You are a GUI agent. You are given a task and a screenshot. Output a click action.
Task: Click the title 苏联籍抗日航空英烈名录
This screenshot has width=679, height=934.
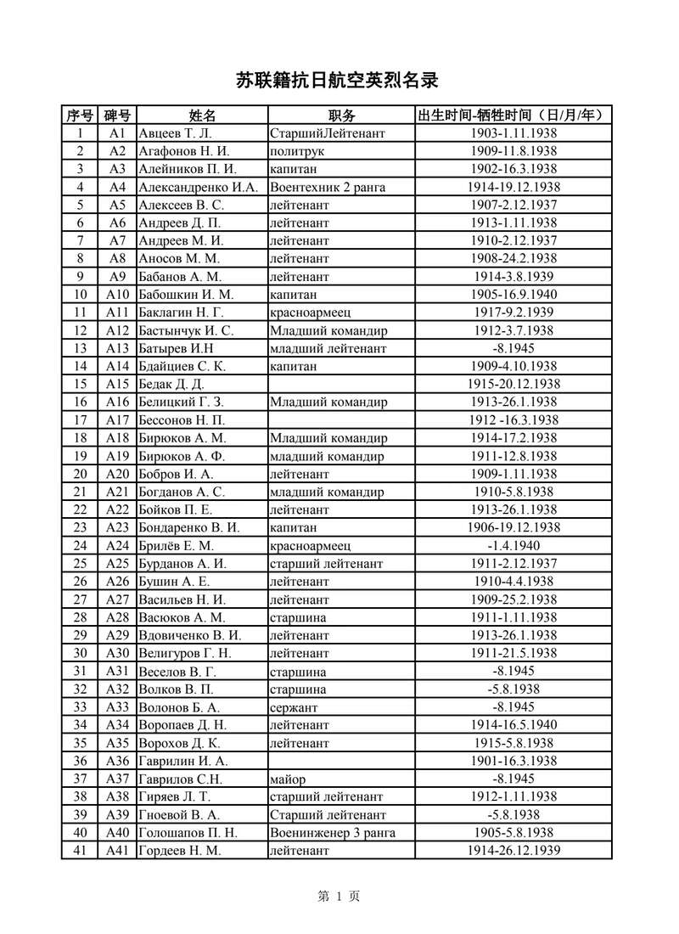(340, 81)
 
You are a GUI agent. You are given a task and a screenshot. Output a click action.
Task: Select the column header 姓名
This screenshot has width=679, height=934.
(202, 115)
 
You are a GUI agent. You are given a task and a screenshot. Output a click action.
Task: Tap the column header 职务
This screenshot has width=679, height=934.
(341, 115)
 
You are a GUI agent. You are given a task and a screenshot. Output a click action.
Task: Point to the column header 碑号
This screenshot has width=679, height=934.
(117, 115)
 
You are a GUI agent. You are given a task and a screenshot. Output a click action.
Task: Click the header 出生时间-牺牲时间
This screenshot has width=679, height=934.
(513, 115)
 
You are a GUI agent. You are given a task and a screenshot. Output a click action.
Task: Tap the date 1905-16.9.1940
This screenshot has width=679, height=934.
(513, 295)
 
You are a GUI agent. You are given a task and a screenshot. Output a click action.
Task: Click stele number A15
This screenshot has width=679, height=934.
(117, 384)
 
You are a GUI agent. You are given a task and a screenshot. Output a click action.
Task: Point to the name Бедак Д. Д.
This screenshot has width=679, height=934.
(171, 384)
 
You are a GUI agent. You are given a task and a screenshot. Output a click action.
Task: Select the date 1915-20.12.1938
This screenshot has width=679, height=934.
(513, 384)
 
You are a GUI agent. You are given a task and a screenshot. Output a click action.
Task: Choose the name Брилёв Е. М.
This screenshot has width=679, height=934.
(176, 545)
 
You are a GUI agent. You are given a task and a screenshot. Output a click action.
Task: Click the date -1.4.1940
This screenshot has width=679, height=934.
(513, 545)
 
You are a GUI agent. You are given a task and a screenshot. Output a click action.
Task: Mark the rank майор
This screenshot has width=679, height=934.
(288, 779)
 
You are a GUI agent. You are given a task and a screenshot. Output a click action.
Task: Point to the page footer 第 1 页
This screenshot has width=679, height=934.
(339, 896)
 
